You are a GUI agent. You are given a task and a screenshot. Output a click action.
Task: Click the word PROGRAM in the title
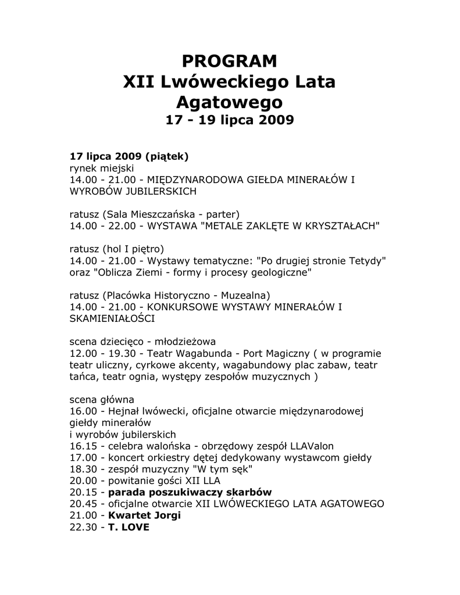coord(229,60)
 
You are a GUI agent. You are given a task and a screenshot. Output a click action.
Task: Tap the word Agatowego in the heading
coord(229,103)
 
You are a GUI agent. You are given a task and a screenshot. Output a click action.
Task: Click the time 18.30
coord(82,469)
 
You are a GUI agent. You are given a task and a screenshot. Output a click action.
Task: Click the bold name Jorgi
coord(166,515)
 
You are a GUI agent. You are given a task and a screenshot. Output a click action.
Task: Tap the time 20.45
coord(82,503)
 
